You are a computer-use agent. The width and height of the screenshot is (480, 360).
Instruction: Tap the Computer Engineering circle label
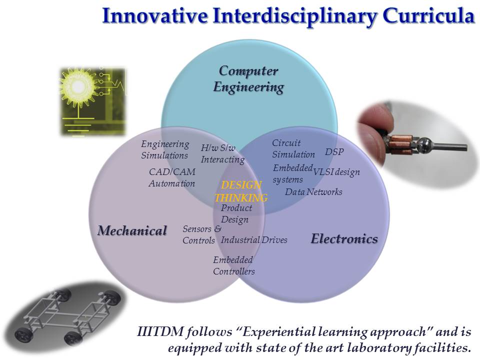[248, 79]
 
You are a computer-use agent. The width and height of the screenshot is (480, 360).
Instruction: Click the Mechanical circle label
[132, 230]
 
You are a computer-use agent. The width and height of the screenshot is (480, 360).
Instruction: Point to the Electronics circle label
[344, 239]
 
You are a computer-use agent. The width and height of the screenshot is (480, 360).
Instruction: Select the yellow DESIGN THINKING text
[241, 191]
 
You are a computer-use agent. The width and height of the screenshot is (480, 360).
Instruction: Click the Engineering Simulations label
[165, 149]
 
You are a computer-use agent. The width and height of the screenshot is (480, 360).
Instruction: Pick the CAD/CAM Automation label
[172, 177]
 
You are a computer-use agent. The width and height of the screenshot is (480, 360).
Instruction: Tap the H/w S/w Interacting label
[222, 154]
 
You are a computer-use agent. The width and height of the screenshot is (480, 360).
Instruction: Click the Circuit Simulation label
[293, 149]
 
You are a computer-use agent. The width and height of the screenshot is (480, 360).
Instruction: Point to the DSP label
[334, 152]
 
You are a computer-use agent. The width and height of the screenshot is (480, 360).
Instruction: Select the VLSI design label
[336, 172]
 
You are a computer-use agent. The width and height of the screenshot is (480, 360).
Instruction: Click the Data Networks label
[314, 192]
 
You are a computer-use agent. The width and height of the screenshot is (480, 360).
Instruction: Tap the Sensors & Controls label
[201, 235]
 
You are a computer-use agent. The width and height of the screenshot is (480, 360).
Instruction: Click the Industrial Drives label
[254, 239]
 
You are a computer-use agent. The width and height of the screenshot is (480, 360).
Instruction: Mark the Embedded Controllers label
[234, 265]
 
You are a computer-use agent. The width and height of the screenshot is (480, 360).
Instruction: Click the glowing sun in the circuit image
[78, 86]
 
